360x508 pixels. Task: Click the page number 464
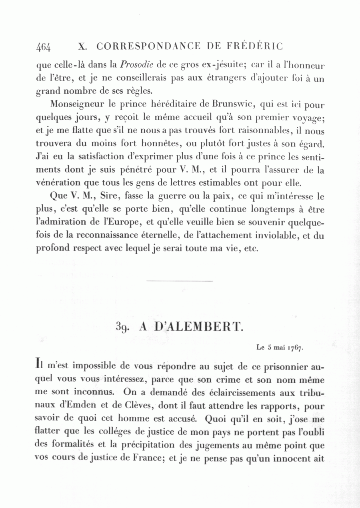(x=43, y=47)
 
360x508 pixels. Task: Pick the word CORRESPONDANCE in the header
(x=148, y=46)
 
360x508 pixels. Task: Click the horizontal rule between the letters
(x=180, y=281)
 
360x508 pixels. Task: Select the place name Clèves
(x=135, y=406)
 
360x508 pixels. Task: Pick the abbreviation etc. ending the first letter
(x=250, y=248)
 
